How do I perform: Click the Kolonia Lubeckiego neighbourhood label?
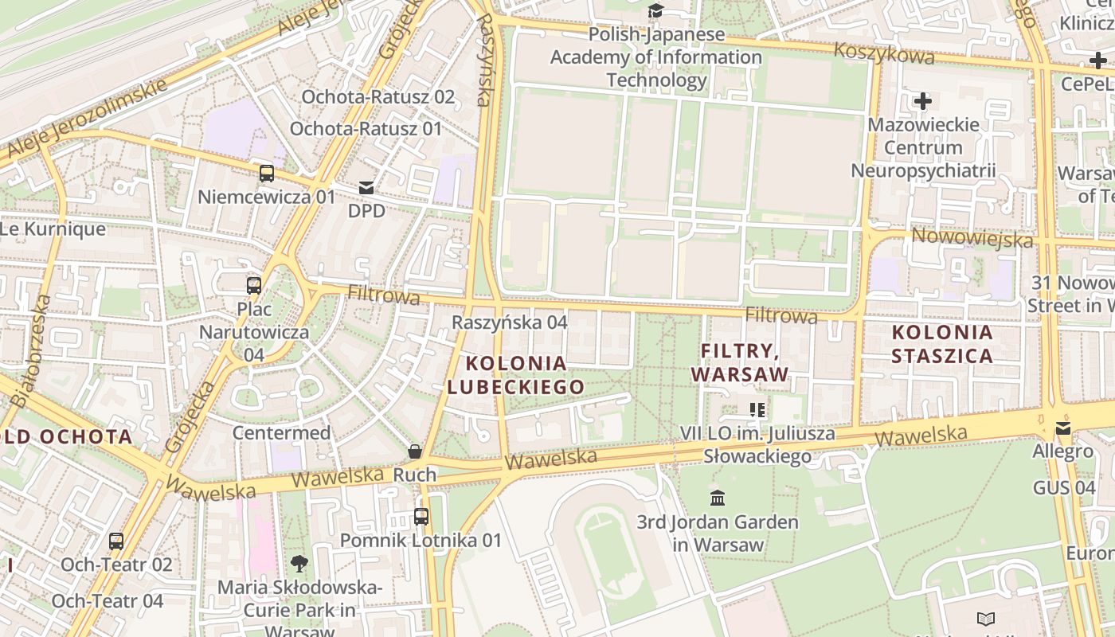click(x=516, y=375)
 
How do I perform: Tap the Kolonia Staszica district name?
click(x=942, y=344)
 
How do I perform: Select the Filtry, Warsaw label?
click(x=739, y=362)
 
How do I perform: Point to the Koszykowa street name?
click(x=884, y=54)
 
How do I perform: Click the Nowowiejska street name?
click(x=972, y=237)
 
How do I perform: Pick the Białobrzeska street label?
click(x=33, y=350)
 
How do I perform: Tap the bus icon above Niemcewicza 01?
click(x=267, y=173)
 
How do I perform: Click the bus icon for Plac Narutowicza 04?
click(x=254, y=285)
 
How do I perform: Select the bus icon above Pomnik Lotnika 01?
click(x=421, y=516)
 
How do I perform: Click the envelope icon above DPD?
click(x=366, y=188)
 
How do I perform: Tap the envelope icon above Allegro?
click(x=1063, y=428)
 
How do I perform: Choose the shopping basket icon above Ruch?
click(x=415, y=451)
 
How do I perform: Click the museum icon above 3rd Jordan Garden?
click(x=718, y=498)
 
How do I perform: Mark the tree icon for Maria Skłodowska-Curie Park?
click(x=299, y=564)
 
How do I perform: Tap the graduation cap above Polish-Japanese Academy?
click(x=655, y=10)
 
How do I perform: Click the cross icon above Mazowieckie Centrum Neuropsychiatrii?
click(x=923, y=101)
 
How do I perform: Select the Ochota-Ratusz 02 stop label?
click(x=378, y=97)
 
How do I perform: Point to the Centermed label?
click(x=281, y=432)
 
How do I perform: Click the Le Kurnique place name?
click(x=53, y=229)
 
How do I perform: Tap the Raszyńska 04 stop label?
click(x=510, y=322)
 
